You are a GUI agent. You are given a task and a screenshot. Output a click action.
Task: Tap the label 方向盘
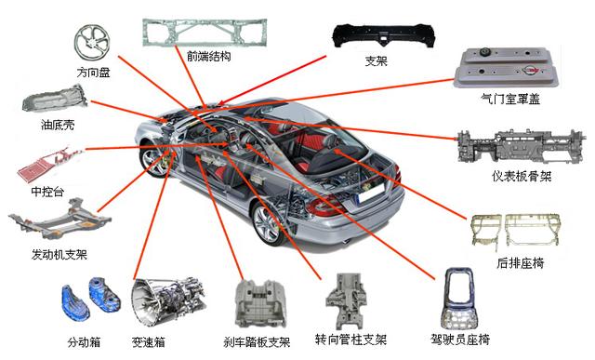pos(93,72)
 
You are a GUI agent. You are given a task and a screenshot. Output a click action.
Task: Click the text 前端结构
pos(208,57)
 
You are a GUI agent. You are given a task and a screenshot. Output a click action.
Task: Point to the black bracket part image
pos(383,35)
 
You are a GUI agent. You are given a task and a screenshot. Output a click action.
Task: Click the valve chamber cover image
pos(508,68)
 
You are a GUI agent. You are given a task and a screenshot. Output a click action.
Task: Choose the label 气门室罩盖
pos(510,100)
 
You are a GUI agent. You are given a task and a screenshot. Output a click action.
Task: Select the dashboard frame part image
pos(521,146)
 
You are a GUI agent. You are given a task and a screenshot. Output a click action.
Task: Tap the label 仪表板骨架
pos(522,176)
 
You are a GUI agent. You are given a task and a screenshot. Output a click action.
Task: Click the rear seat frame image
pos(515,232)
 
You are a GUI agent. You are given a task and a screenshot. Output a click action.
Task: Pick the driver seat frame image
pos(460,298)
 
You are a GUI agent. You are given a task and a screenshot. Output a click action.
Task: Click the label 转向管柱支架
pos(350,340)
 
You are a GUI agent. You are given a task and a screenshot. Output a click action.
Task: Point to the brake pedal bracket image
pos(259,304)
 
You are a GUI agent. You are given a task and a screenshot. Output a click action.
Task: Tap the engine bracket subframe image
pos(59,220)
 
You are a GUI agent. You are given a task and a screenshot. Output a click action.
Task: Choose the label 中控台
pos(47,192)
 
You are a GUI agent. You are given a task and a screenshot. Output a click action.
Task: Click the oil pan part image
pos(55,100)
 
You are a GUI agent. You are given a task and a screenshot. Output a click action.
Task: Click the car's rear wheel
pos(268,223)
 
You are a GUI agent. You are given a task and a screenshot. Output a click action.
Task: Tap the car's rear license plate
pos(372,194)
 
